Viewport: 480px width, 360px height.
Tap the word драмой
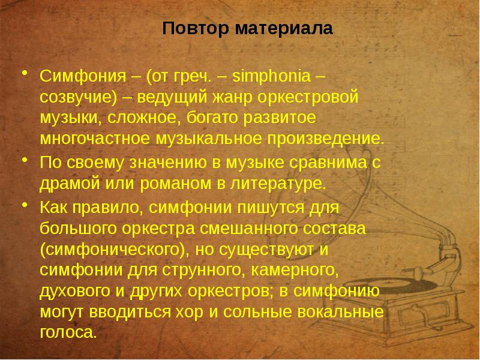coord(67,182)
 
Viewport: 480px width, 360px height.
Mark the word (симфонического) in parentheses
coord(110,249)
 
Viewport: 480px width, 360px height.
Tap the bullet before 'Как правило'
coord(25,205)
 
